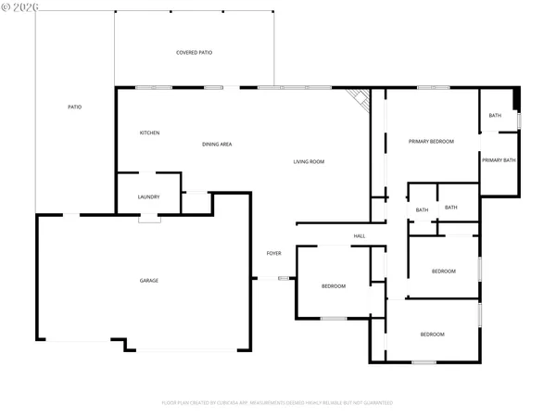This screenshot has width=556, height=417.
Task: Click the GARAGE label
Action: click(x=149, y=280)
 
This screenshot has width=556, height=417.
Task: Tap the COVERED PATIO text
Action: click(x=195, y=52)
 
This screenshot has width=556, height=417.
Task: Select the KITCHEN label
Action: click(x=150, y=133)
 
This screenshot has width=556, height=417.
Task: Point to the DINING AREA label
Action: click(x=217, y=144)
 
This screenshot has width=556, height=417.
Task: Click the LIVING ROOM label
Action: click(x=309, y=162)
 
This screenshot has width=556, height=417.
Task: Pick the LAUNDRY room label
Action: click(x=149, y=196)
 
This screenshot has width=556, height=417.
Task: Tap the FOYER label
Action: click(x=273, y=253)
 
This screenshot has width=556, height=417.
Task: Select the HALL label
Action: click(x=359, y=236)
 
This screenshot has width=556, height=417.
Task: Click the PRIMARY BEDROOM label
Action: click(x=432, y=141)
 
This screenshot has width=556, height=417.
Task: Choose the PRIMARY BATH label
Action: click(x=498, y=160)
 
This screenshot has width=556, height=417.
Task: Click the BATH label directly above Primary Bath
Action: click(x=495, y=116)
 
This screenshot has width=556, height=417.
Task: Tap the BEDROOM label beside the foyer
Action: click(x=334, y=285)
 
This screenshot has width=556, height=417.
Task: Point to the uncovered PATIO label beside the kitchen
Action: click(x=75, y=107)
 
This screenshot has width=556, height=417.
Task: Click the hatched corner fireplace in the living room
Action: click(x=359, y=99)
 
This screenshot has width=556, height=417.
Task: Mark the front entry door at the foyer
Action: click(x=284, y=277)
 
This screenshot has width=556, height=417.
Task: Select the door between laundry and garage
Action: click(x=149, y=219)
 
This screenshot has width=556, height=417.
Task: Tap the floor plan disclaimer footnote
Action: click(x=277, y=403)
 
